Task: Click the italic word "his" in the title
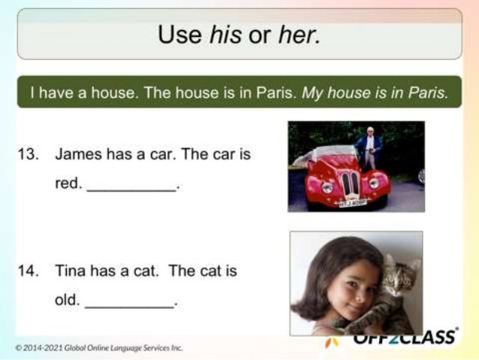point(226,34)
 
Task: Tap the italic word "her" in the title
point(299,34)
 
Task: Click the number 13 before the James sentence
point(28,155)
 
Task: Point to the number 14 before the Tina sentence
point(28,271)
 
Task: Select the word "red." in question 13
point(68,183)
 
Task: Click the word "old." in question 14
point(67,300)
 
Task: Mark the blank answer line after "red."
point(131,188)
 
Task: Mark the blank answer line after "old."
point(129,304)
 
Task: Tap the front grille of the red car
point(350,184)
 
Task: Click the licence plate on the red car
point(351,203)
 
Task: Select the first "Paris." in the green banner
point(278,92)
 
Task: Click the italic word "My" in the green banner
point(312,92)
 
